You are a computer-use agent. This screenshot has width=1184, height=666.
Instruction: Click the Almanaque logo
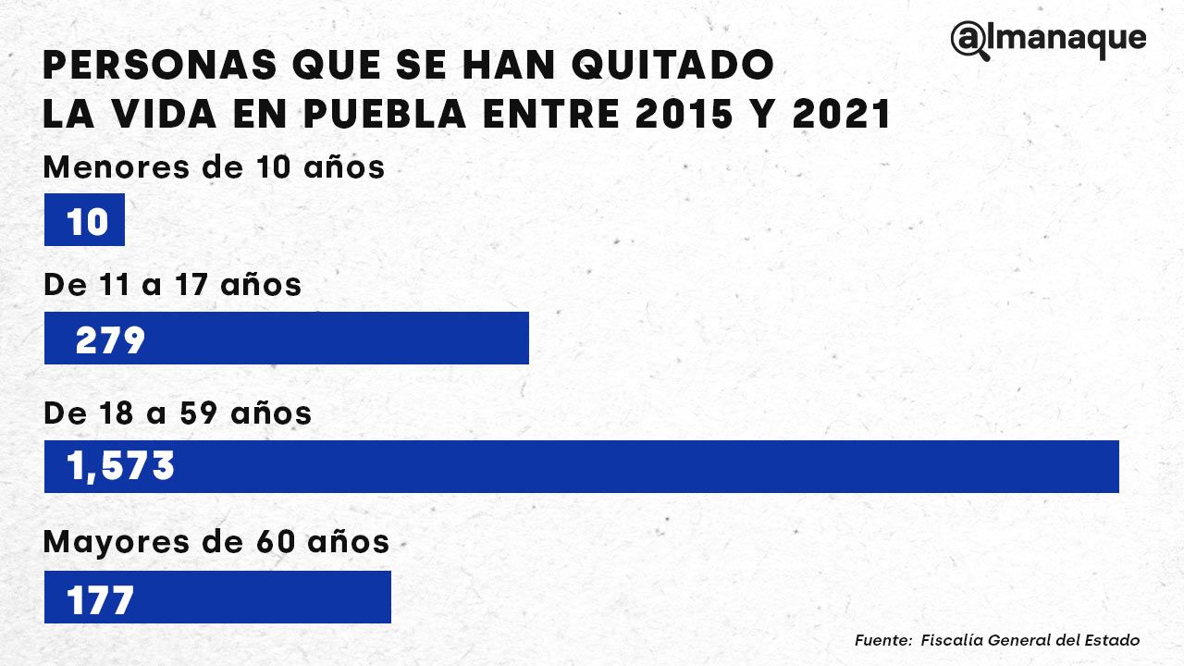coord(1048,40)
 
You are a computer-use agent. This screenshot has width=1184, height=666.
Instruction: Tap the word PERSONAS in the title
coord(157,66)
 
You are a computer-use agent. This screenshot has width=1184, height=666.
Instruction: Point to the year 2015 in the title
coord(665,115)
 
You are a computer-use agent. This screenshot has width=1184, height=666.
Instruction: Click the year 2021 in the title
coord(842,115)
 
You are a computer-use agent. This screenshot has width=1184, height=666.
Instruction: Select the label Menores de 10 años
coord(214,168)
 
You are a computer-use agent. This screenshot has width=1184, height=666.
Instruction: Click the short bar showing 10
coord(84,220)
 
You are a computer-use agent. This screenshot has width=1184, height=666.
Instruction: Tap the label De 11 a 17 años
coord(172,285)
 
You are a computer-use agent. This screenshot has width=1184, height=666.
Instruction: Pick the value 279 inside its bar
coord(110,340)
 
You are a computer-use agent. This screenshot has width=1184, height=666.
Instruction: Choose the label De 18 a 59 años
coord(178,413)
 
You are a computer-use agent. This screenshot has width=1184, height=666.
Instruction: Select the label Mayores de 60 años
coord(216,542)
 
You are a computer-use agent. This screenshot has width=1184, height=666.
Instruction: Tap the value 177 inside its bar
coord(101,600)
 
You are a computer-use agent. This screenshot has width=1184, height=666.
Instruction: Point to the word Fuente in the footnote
coord(882,640)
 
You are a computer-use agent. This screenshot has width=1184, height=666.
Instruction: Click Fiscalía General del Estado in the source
coord(1030,640)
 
